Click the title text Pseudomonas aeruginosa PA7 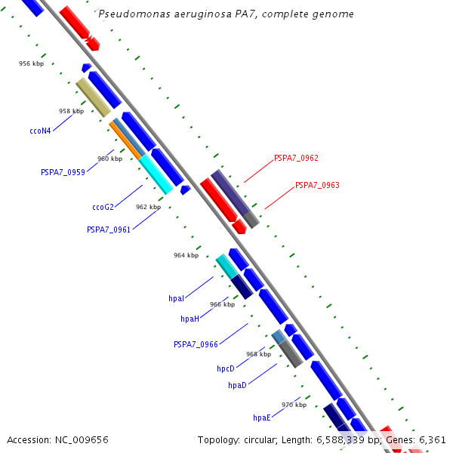coord(226,14)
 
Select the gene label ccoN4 coord(40,131)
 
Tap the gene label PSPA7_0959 coord(63,172)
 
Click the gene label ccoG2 coord(103,207)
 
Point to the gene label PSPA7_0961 coord(109,230)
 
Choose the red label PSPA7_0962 coord(296,159)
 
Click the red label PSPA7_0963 coord(317,185)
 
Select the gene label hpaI coord(176,299)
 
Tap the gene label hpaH coord(190,319)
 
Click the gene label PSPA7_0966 coord(196,344)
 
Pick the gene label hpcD coord(226,369)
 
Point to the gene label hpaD coord(237,386)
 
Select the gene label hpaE coord(261,418)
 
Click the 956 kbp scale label coord(31,63)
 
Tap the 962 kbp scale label coord(148,207)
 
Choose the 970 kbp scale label coord(294,405)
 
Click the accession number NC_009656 coord(58,439)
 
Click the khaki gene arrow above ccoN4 coord(94,97)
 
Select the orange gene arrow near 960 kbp coord(126,139)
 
